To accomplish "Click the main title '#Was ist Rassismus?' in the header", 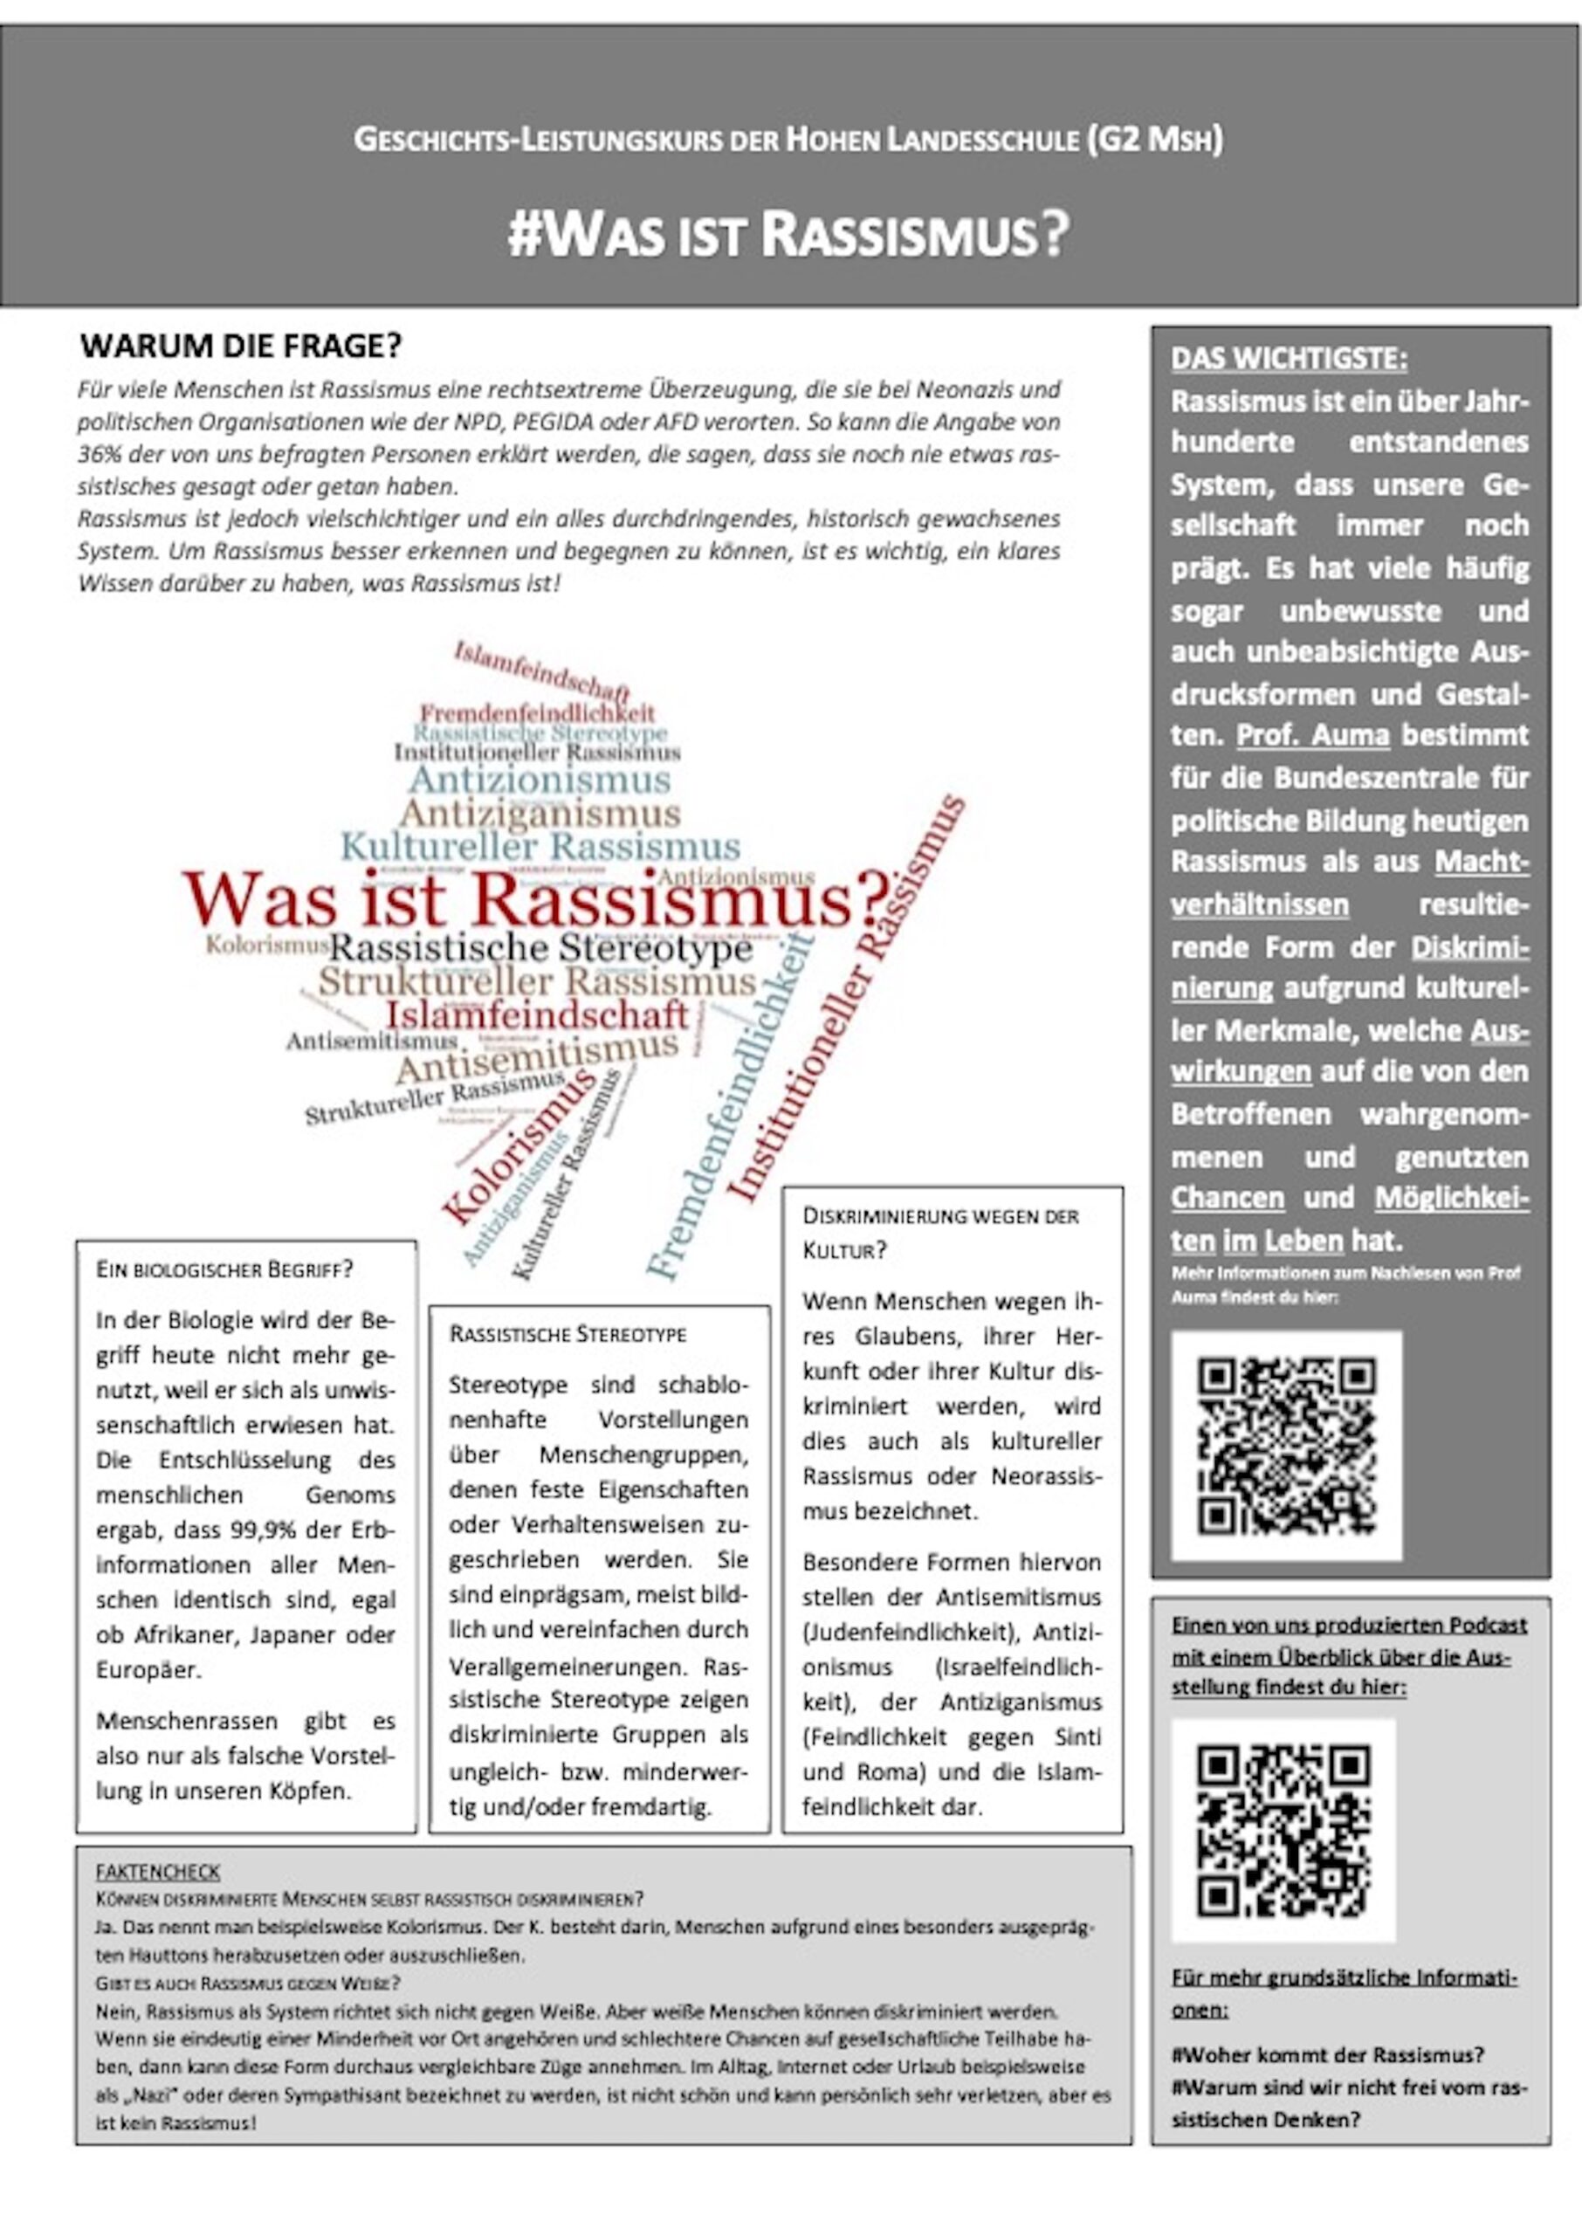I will point(789,235).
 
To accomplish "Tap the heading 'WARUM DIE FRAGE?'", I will point(241,346).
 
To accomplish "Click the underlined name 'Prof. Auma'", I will point(1312,735).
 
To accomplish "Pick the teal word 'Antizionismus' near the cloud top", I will point(540,779).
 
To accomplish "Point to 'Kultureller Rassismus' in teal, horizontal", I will point(540,846).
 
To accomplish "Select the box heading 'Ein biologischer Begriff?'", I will point(224,1270).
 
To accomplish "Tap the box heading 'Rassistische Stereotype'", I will point(567,1334).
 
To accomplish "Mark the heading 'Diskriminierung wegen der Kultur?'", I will point(940,1232).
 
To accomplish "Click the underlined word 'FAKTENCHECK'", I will point(158,1872).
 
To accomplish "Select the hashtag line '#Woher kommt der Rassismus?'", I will point(1328,2055).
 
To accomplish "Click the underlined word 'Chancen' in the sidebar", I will point(1228,1198).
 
